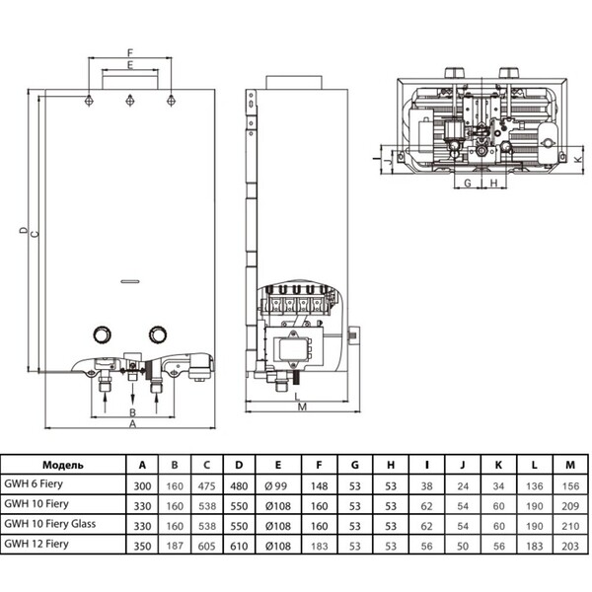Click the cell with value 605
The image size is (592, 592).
point(206,543)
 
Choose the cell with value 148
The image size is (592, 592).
point(320,483)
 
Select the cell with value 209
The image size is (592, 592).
point(567,503)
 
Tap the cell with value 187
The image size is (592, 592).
point(175,543)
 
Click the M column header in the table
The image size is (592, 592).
point(567,464)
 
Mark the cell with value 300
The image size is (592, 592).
point(142,483)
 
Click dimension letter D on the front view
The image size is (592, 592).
point(21,232)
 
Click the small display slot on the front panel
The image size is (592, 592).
point(128,281)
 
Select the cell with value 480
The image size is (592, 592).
point(238,483)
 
